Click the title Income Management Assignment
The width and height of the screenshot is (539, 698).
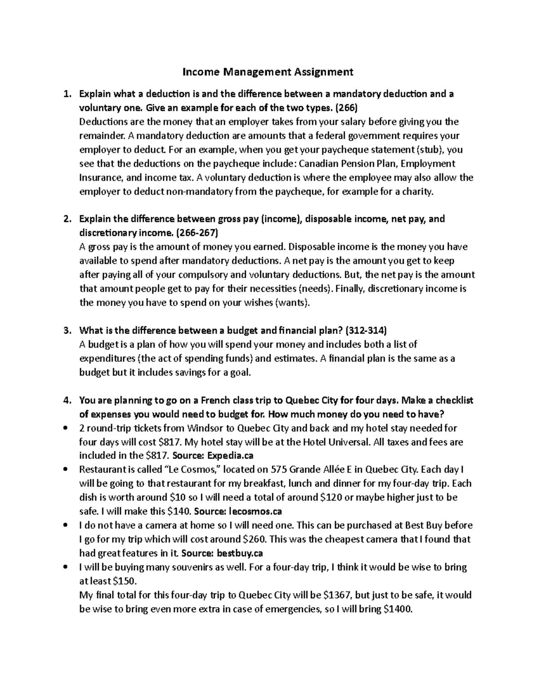(x=268, y=71)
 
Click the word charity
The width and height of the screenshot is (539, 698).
(x=420, y=192)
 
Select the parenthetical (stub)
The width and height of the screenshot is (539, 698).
(x=430, y=150)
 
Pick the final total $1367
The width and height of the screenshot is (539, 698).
(x=338, y=595)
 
